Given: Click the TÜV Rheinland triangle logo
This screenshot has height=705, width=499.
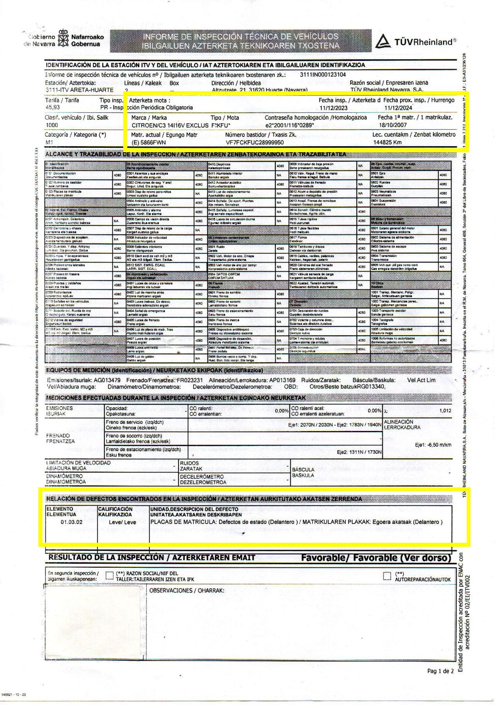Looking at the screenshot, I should pyautogui.click(x=383, y=41).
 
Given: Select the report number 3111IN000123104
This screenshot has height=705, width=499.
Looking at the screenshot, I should pyautogui.click(x=323, y=74).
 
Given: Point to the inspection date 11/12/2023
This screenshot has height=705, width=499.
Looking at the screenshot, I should pyautogui.click(x=334, y=108).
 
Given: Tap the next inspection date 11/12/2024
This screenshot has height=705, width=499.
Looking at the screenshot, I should pyautogui.click(x=398, y=108).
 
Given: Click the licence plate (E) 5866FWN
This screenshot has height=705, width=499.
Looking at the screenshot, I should pyautogui.click(x=149, y=142).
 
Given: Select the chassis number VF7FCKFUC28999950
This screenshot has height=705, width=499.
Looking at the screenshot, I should pyautogui.click(x=254, y=142).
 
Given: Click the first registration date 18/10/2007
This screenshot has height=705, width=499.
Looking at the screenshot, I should pyautogui.click(x=393, y=125).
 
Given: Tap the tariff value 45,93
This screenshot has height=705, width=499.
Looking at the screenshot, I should pyautogui.click(x=52, y=107).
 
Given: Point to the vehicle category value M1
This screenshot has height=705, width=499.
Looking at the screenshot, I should pyautogui.click(x=49, y=142).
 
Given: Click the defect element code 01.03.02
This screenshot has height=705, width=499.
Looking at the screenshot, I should pyautogui.click(x=72, y=522).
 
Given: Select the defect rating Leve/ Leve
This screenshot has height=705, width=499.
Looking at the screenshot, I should pyautogui.click(x=122, y=522).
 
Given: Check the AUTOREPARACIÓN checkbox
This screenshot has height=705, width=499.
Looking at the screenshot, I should pyautogui.click(x=387, y=576).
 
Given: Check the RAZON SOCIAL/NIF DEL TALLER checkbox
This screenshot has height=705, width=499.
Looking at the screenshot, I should pyautogui.click(x=110, y=576).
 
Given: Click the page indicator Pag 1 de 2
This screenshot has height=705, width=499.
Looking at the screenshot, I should pyautogui.click(x=441, y=671).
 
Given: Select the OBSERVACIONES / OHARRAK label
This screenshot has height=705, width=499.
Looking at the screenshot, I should pyautogui.click(x=187, y=591).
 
